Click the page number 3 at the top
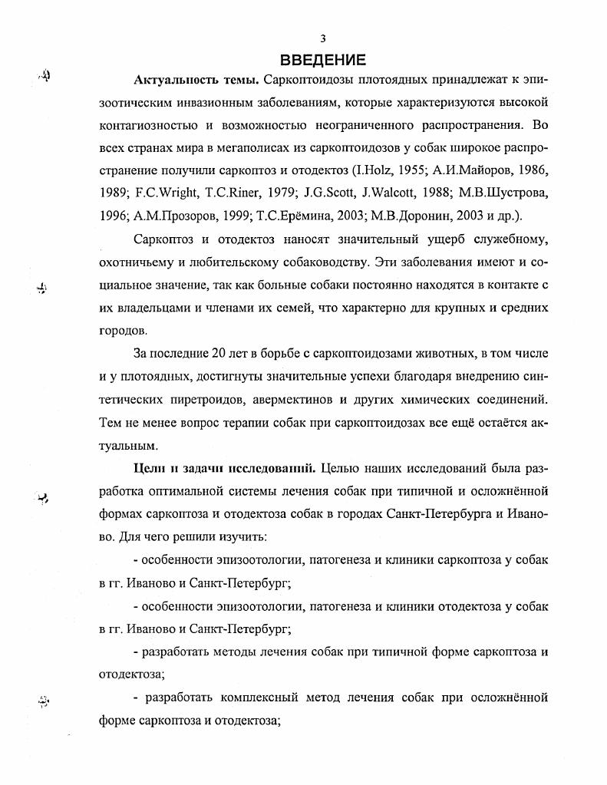323,38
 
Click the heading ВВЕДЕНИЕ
322,59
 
